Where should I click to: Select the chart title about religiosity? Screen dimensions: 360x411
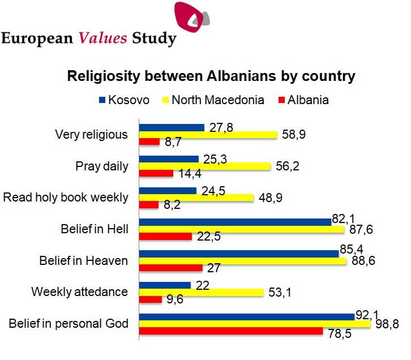tap(211, 76)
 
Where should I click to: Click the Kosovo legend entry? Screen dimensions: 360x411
tap(124, 100)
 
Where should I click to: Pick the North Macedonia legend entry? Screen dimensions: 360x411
tap(212, 100)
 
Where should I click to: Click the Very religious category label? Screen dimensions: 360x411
tap(91, 135)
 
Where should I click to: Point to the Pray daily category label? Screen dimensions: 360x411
tap(102, 166)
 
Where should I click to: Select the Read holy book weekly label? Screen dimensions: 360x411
tap(66, 198)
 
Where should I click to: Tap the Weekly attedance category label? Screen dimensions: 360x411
tap(80, 292)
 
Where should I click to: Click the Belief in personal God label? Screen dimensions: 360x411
tap(68, 324)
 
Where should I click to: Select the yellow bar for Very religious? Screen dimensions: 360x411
tap(208, 135)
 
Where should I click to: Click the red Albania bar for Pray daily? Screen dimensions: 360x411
tap(156, 174)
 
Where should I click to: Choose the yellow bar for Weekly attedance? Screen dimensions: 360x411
tap(202, 292)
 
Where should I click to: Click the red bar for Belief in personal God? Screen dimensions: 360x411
tap(231, 331)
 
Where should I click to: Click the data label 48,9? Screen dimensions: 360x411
tap(271, 197)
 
